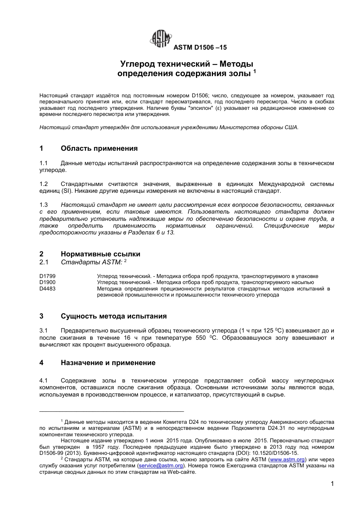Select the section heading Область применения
[x=99, y=148]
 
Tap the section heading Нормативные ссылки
[x=100, y=254]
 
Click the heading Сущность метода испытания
[x=114, y=316]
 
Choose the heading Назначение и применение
[x=108, y=363]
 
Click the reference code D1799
[x=47, y=276]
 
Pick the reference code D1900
[x=47, y=283]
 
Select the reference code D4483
[x=47, y=289]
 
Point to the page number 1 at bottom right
[x=332, y=484]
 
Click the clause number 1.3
[x=44, y=205]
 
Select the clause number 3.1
[x=44, y=331]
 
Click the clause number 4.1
[x=44, y=380]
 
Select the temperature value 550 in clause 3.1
[x=201, y=338]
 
